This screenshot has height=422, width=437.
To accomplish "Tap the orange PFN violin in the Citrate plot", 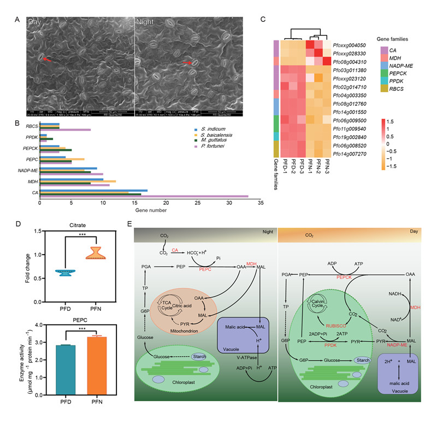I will click(x=97, y=253).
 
